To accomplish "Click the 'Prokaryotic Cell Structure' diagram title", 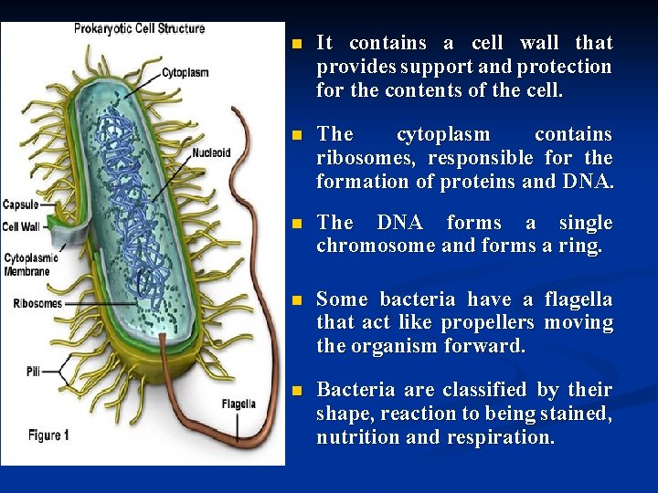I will [140, 27].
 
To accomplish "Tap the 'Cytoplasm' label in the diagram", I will [186, 72].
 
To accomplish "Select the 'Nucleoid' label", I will [210, 152].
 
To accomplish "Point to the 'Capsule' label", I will [20, 204].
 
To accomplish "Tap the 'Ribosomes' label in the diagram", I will [36, 302].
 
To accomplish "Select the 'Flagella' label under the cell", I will [239, 403].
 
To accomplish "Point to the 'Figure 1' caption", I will [48, 435].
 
